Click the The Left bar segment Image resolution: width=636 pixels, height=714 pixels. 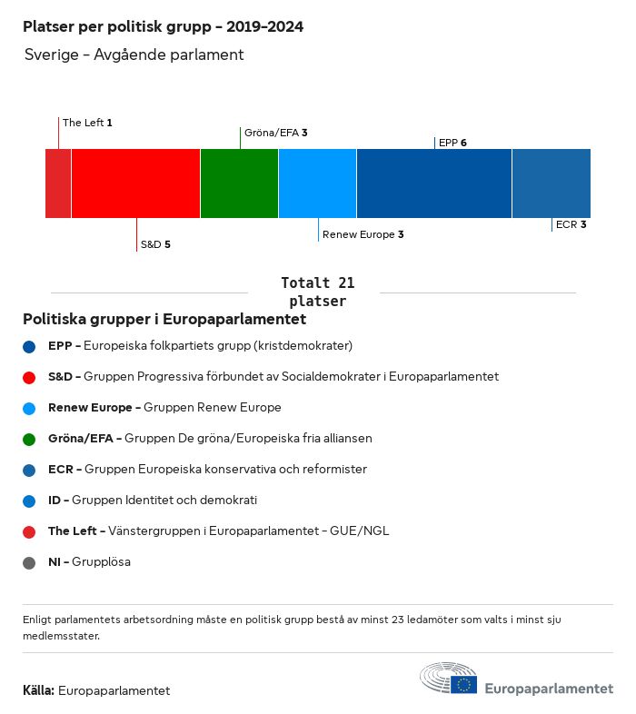58,183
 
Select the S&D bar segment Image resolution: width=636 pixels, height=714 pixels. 135,183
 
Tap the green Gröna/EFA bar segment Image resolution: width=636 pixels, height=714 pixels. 239,183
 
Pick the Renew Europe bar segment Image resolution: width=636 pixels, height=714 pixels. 317,183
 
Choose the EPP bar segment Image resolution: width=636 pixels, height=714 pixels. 434,183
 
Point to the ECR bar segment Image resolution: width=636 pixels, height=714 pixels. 551,183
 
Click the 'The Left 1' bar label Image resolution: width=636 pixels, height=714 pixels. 87,122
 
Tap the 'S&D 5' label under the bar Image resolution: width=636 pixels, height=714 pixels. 155,244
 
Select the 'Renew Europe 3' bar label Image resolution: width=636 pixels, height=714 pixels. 363,234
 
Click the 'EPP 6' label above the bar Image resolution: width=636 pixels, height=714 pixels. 452,143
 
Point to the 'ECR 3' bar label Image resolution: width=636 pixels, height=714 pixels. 571,224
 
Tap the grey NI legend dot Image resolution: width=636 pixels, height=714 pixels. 30,562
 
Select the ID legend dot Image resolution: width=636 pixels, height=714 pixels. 30,501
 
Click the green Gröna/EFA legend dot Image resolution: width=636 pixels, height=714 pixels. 30,439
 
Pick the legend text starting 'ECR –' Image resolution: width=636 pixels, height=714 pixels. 207,470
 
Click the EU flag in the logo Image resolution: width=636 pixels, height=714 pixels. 464,684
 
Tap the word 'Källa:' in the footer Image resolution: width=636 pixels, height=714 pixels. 38,690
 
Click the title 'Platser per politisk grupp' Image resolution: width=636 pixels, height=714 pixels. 163,27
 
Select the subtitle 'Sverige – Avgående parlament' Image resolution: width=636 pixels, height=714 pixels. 134,55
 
